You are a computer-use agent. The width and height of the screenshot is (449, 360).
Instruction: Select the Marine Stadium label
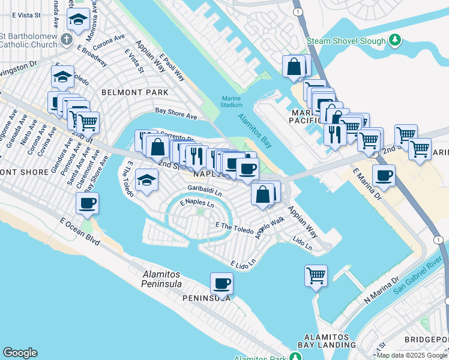coord(231,101)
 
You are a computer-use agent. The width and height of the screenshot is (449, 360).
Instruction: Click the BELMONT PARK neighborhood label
coord(135,92)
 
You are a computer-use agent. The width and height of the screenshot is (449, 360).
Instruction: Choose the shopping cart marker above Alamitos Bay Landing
coord(316,276)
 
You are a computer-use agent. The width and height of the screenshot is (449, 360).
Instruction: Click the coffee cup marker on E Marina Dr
coord(384,176)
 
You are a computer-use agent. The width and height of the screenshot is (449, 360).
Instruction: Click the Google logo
coord(20,353)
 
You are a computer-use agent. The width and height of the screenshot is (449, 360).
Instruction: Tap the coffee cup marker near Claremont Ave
coord(88,203)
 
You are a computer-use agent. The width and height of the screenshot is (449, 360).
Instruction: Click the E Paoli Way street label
coord(172,67)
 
